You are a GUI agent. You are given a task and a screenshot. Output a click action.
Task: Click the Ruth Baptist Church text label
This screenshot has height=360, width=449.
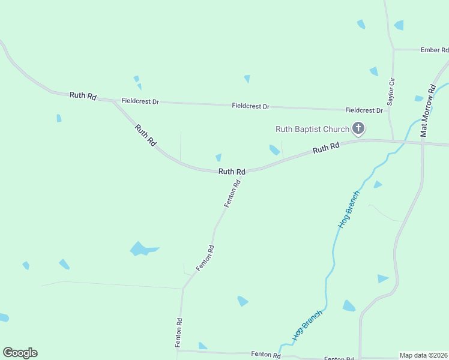point(312,129)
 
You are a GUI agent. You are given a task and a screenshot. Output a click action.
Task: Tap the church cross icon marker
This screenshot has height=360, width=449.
point(358,128)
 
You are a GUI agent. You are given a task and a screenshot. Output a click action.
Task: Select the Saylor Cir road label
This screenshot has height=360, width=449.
point(390,92)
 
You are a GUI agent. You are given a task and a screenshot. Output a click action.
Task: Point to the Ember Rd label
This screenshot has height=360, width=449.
point(435,50)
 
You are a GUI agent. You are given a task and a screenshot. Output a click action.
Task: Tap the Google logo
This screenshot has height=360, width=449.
point(20,353)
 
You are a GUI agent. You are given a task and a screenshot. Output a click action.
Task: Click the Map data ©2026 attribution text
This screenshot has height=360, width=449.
point(424,355)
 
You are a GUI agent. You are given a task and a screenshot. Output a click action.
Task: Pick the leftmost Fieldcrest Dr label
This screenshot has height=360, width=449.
point(140,101)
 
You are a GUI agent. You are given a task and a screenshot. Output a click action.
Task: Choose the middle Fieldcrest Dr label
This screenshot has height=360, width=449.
point(250,106)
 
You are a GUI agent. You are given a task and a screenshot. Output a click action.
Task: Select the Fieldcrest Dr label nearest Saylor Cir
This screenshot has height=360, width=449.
point(364,110)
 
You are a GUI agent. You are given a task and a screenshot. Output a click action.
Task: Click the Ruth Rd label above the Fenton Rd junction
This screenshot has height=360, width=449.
point(232,172)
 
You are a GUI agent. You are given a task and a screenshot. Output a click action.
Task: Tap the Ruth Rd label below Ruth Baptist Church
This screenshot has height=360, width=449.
point(326,147)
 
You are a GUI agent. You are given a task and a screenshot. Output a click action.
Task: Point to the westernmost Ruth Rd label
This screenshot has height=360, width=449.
point(83,95)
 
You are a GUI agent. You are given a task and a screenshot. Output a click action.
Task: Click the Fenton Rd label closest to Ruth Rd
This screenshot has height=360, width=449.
point(233,193)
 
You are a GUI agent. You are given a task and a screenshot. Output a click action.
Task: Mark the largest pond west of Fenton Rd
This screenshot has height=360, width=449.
point(142,248)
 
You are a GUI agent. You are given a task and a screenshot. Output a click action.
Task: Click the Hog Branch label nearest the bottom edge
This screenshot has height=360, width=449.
point(308,326)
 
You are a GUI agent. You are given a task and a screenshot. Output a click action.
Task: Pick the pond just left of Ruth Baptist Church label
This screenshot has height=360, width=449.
point(274,149)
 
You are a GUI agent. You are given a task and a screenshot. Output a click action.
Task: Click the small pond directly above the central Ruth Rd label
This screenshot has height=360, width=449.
point(218,157)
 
